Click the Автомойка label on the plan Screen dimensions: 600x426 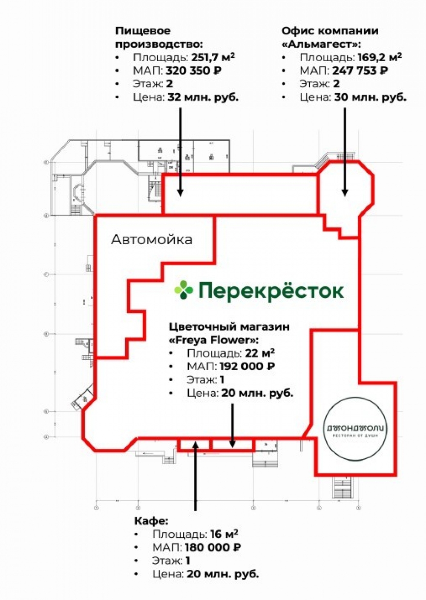(151, 240)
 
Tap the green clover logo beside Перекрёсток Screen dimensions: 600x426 (184, 291)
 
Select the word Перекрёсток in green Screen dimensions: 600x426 (271, 291)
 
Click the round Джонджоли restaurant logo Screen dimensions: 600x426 (356, 429)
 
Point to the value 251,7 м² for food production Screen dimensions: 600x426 (213, 57)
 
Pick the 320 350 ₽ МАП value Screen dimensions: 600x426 (194, 71)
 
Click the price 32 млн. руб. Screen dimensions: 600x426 (203, 97)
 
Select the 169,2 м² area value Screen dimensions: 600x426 (379, 57)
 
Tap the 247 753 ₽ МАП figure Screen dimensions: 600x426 (360, 71)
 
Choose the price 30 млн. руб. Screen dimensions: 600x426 (370, 97)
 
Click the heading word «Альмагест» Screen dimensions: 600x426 (321, 44)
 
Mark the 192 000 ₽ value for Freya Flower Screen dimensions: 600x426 (247, 366)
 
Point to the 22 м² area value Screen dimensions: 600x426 (259, 353)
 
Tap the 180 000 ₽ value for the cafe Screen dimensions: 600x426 (213, 547)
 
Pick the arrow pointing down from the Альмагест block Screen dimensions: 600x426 (345, 151)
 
